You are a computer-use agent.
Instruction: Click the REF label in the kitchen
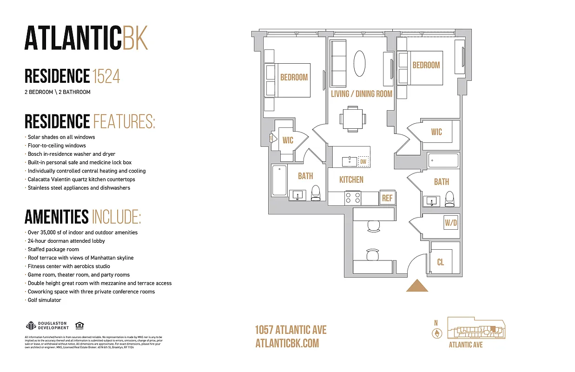[387, 198]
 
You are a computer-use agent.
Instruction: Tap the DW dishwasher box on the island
[364, 161]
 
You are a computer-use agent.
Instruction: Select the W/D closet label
[451, 223]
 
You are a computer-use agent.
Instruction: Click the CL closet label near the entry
[441, 262]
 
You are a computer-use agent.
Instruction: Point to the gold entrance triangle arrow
[417, 286]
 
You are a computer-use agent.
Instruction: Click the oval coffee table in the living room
[359, 63]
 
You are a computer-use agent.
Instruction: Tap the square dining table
[352, 118]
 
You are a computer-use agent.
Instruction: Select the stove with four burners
[353, 198]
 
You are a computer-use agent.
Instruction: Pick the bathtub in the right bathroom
[443, 161]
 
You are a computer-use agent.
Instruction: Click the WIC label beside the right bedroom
[436, 132]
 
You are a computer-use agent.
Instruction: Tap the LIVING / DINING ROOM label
[362, 93]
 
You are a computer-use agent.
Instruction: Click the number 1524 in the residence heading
[106, 76]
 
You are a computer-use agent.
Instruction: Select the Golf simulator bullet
[44, 300]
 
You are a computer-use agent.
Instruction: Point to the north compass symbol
[436, 333]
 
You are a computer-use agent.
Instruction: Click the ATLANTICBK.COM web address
[287, 343]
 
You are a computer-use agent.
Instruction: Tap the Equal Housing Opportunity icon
[79, 325]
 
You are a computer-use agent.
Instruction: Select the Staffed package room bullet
[53, 249]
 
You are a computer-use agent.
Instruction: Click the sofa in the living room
[338, 63]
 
